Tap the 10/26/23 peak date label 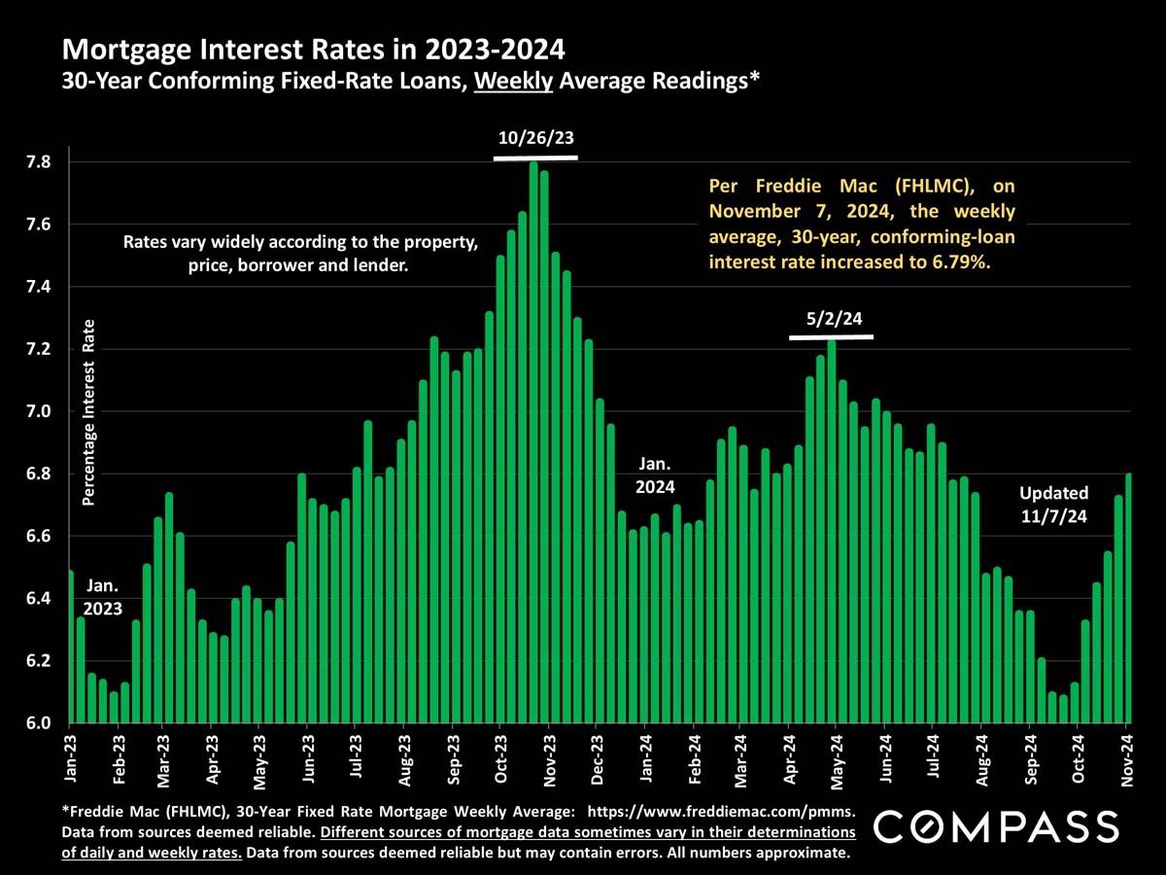coord(535,138)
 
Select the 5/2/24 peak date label coord(831,318)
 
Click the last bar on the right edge coord(1127,598)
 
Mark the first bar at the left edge coord(70,647)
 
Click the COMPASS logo coord(996,827)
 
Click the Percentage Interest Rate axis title coord(87,412)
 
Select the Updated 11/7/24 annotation coord(1053,503)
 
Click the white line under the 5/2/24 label coord(831,337)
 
